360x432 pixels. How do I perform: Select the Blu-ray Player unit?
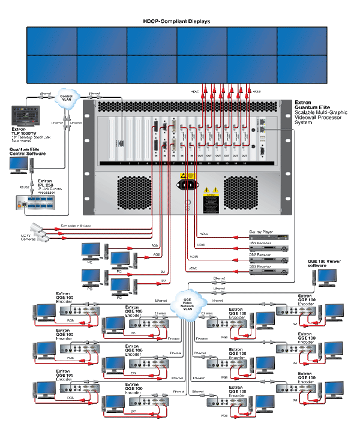click(266, 237)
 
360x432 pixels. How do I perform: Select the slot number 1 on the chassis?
click(121, 163)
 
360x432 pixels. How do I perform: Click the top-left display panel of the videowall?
click(52, 41)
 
